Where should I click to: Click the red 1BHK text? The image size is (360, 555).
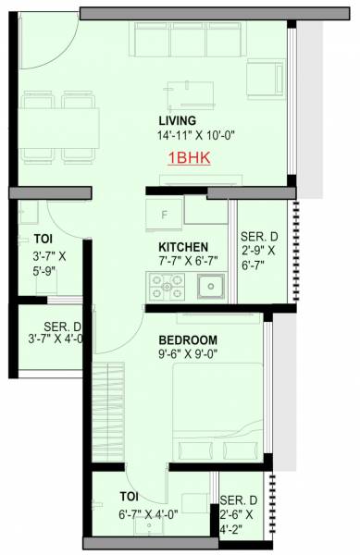(189, 158)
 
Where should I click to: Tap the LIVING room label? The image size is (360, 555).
(177, 121)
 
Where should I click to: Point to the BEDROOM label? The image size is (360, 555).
(188, 339)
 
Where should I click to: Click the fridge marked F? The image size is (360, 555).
(164, 214)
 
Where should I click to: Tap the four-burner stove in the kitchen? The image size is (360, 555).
(170, 288)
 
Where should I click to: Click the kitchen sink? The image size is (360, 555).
(211, 287)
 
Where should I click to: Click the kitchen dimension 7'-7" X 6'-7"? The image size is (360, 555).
(188, 262)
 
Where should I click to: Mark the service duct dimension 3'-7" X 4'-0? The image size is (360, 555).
(50, 338)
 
